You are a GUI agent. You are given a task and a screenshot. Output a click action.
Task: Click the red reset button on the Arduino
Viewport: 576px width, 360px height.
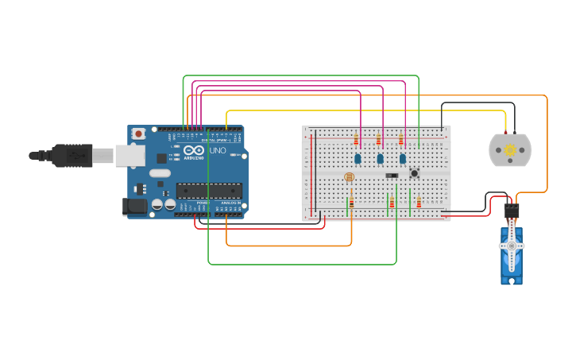tap(138, 134)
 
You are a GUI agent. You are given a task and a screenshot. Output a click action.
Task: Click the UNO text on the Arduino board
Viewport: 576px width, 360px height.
tap(217, 150)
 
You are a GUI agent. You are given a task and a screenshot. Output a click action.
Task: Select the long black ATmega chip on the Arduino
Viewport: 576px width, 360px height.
tap(209, 191)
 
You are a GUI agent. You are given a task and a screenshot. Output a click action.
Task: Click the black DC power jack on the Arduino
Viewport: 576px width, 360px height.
tap(135, 207)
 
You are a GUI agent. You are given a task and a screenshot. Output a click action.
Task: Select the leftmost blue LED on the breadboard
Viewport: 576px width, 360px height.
tap(358, 159)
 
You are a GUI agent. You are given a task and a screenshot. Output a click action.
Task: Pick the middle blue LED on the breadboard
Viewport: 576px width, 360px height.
tap(380, 159)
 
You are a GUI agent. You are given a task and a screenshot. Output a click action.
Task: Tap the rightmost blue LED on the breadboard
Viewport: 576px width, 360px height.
tap(403, 159)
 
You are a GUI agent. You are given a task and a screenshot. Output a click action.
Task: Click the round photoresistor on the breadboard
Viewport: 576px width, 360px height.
tap(349, 177)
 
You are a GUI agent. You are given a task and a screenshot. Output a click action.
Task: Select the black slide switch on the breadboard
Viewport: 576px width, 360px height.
tap(392, 176)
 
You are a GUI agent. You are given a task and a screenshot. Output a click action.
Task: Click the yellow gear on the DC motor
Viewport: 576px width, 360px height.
tap(510, 150)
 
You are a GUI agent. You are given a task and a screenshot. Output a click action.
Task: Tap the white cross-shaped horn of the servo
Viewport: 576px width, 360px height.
tap(512, 246)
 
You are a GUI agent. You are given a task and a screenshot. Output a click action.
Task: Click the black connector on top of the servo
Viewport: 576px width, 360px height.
tap(512, 211)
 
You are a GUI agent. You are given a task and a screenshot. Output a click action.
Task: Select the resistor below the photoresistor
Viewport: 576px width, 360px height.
tap(351, 203)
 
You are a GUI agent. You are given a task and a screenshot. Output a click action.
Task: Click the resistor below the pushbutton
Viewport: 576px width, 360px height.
tap(419, 203)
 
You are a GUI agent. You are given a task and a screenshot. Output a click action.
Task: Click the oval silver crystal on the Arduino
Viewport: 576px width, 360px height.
tap(160, 173)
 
